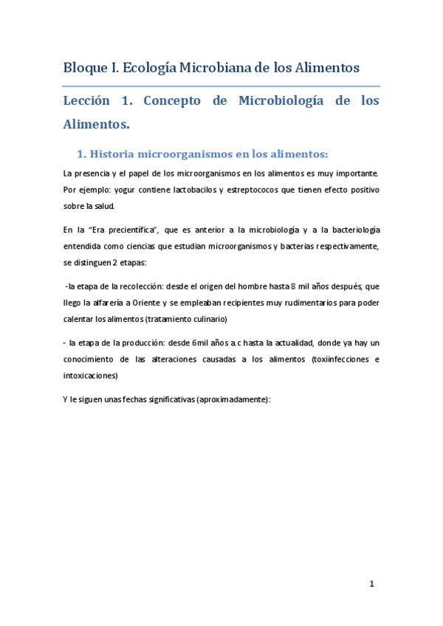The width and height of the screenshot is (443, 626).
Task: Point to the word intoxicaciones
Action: (x=89, y=375)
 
